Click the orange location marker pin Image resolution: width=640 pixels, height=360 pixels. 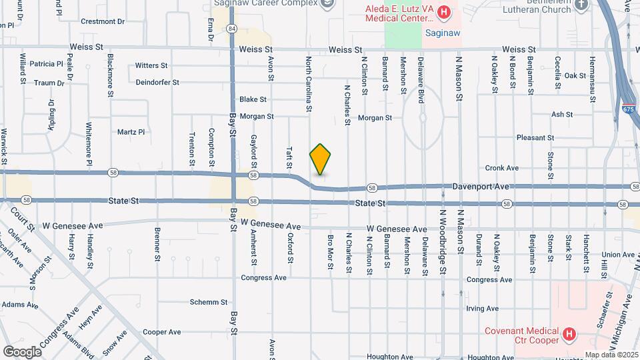pyautogui.click(x=320, y=159)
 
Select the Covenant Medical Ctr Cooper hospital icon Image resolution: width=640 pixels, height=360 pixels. pyautogui.click(x=569, y=333)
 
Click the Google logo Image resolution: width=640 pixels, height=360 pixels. pyautogui.click(x=22, y=351)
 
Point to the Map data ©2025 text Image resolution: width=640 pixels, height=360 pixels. pyautogui.click(x=612, y=355)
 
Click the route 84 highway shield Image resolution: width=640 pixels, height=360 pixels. pyautogui.click(x=231, y=29)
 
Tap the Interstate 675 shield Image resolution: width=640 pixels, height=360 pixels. pyautogui.click(x=628, y=108)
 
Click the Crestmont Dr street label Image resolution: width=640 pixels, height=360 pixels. pyautogui.click(x=103, y=21)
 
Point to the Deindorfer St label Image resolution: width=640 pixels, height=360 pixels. pyautogui.click(x=157, y=83)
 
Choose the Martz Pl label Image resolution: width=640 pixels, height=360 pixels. pyautogui.click(x=131, y=132)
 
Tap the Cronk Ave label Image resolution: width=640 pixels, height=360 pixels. pyautogui.click(x=502, y=168)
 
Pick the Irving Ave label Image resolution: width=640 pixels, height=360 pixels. pyautogui.click(x=483, y=309)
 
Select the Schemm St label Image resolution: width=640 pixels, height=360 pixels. pyautogui.click(x=209, y=302)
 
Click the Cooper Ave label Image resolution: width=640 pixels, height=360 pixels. pyautogui.click(x=162, y=332)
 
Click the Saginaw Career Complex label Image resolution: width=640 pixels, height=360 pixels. pyautogui.click(x=265, y=3)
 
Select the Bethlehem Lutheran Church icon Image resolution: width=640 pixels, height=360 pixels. pyautogui.click(x=581, y=5)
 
